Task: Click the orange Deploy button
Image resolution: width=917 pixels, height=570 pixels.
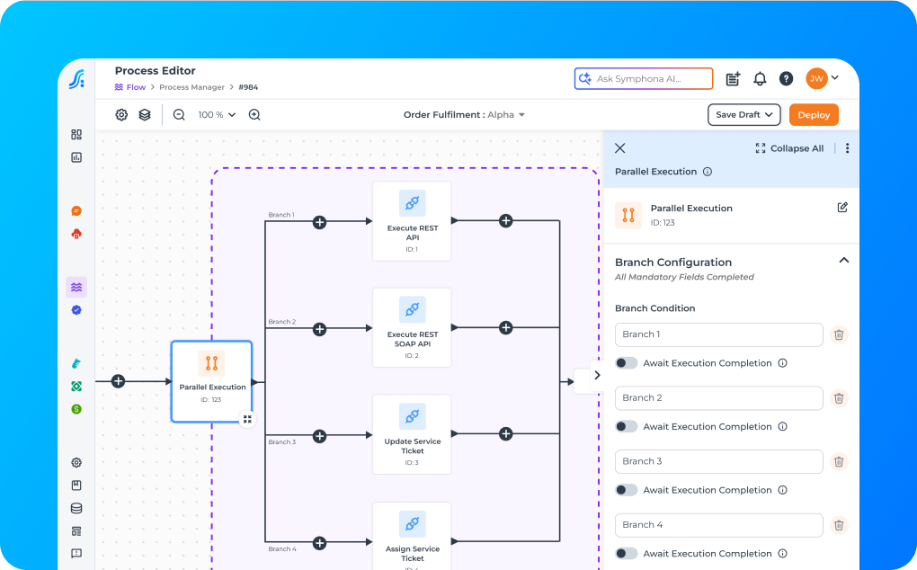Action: point(814,115)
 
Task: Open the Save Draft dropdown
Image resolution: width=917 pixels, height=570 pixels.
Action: point(744,115)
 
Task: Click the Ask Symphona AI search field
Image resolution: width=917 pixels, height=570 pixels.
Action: point(644,79)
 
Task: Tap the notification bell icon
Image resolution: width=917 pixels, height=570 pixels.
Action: point(760,79)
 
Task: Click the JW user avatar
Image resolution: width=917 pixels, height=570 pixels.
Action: point(816,79)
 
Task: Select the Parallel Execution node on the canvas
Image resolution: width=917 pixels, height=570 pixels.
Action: point(211,381)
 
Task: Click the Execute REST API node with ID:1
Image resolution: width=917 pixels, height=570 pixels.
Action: point(412,221)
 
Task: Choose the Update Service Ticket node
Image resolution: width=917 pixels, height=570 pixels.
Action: point(412,434)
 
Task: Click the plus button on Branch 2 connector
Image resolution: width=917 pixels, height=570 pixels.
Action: point(319,330)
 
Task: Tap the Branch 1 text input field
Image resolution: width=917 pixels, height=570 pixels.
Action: point(718,334)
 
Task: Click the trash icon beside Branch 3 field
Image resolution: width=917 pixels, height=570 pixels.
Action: point(839,461)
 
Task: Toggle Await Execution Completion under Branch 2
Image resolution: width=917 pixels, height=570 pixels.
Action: point(627,427)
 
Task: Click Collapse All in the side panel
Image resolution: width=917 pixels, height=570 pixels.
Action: point(789,148)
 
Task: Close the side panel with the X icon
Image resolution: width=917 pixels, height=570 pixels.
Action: point(619,148)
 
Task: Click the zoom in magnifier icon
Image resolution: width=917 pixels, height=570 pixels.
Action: point(254,115)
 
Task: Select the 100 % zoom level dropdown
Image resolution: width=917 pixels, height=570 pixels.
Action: point(217,115)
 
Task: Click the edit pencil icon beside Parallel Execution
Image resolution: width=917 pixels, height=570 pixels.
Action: point(842,208)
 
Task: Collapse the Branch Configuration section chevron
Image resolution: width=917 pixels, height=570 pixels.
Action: point(843,261)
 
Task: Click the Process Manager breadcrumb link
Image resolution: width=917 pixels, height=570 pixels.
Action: point(192,87)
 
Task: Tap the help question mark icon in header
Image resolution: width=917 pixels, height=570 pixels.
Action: point(786,79)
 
